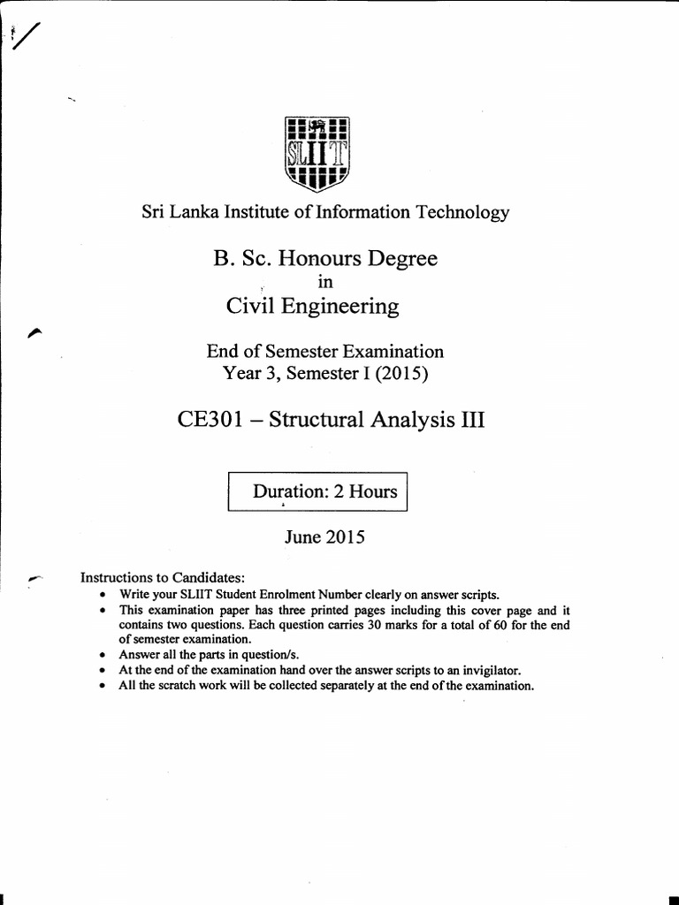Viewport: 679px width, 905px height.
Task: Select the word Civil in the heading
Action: tap(249, 307)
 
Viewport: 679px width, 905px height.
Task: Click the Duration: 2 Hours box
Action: tap(317, 491)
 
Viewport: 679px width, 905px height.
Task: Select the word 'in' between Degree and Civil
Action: tap(323, 282)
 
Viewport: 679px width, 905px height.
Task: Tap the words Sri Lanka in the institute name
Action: tap(168, 212)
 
